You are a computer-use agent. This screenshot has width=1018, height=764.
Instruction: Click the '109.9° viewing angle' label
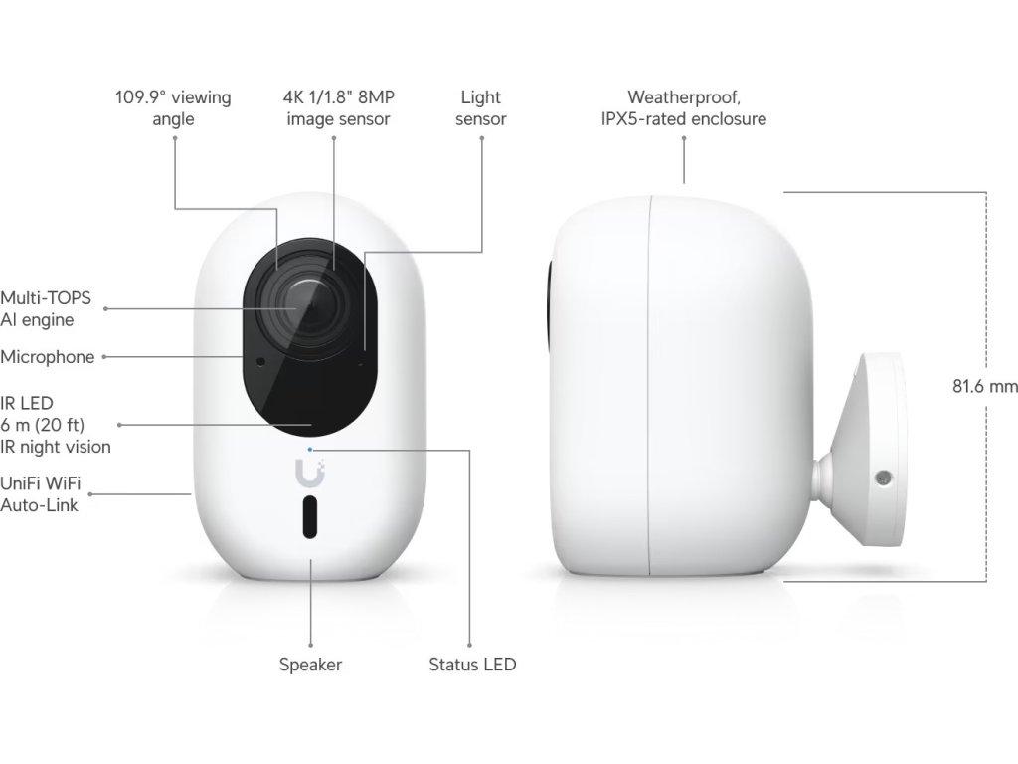click(172, 108)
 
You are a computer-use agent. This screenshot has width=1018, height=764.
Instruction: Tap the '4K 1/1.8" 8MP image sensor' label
click(338, 108)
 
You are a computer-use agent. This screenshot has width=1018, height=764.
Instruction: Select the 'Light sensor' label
click(481, 108)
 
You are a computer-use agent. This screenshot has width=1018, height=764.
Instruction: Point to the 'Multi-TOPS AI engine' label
click(51, 308)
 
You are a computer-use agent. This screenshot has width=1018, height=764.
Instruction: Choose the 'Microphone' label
click(48, 357)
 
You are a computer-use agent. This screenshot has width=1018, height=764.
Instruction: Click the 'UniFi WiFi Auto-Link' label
click(41, 494)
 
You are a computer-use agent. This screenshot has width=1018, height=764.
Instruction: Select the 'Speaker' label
click(310, 665)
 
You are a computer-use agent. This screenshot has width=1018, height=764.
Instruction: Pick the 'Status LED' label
click(472, 665)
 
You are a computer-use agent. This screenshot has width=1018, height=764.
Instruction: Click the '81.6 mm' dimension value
click(984, 386)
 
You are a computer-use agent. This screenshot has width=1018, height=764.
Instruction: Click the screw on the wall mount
click(881, 478)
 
